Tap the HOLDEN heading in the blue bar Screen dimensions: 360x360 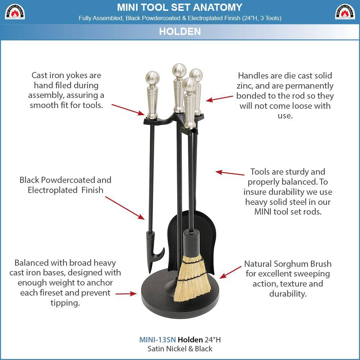pos(180,31)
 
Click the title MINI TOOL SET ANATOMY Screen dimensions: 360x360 pos(180,7)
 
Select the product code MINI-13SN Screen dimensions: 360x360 pos(157,339)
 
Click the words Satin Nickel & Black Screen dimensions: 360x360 pos(180,349)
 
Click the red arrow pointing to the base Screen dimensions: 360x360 pos(126,294)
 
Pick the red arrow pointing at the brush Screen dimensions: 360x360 pos(230,272)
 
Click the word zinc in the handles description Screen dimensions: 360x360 pos(245,86)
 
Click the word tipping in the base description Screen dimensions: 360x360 pos(65,303)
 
